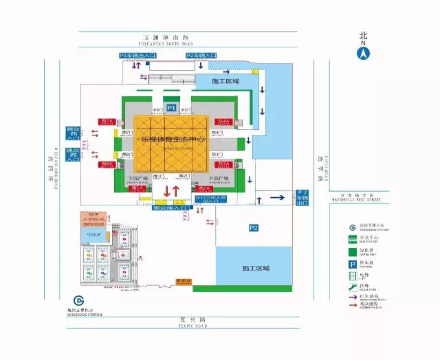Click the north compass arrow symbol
tap(364, 52)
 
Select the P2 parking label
tap(253, 227)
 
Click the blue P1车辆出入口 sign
tap(138, 54)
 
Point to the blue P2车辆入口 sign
tap(201, 54)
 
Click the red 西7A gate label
tap(106, 122)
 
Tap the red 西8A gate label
tap(106, 164)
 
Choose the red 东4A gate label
tap(223, 122)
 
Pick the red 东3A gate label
tap(223, 164)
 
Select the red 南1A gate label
tap(137, 188)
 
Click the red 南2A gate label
tap(204, 188)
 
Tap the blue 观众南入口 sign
tap(170, 207)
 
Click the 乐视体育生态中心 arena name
tap(173, 138)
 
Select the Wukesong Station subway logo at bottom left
tap(78, 301)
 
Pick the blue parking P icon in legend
tap(351, 262)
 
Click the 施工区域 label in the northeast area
tap(225, 81)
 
